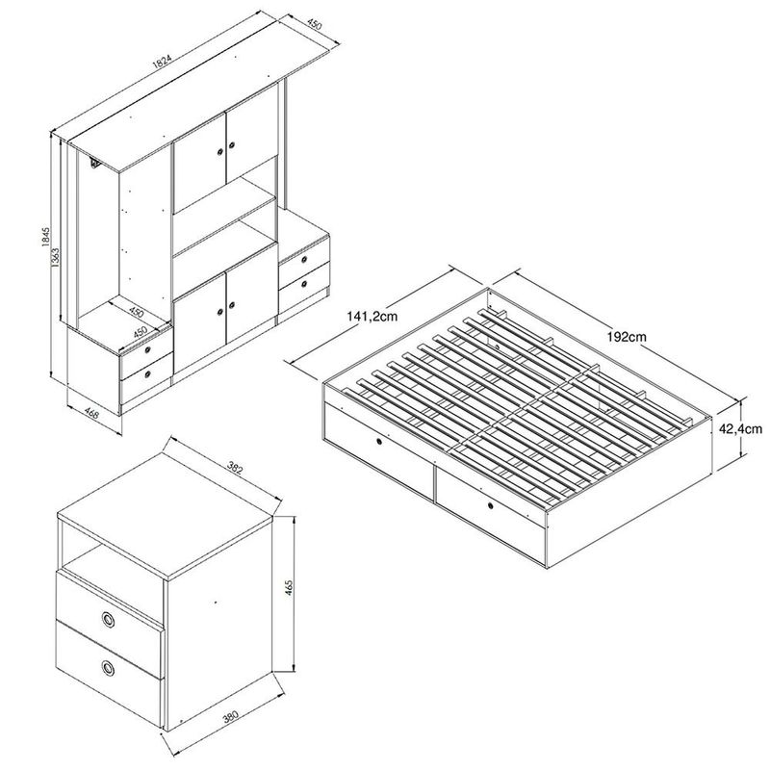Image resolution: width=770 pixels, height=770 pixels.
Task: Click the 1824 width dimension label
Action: coord(162,62)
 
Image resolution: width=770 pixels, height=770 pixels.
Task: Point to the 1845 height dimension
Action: coord(45,237)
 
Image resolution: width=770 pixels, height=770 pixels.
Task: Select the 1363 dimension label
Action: coord(56,257)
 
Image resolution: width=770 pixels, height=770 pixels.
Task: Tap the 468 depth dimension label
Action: coord(91,415)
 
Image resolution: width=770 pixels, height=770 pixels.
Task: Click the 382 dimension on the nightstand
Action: coord(235,467)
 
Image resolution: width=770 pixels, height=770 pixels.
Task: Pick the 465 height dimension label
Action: coord(289,588)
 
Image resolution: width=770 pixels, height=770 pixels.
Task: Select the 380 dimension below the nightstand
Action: coord(230,716)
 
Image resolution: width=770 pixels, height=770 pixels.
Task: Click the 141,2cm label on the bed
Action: coord(372,317)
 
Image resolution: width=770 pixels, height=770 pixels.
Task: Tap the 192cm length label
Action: coord(627,337)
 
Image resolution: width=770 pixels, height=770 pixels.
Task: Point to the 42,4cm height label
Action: coord(740,428)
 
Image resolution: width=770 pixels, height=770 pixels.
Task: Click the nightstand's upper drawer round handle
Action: coord(108,619)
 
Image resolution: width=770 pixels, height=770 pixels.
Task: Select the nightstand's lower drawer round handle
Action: coord(108,668)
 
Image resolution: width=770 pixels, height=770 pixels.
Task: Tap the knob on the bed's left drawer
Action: coord(379,442)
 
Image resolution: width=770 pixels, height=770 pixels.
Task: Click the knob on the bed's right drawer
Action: coord(491,505)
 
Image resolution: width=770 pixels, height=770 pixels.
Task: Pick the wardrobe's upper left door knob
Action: coord(219,152)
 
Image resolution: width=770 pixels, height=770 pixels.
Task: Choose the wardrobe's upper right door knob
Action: coord(232,145)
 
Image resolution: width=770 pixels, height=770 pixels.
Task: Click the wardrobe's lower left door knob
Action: coord(219,312)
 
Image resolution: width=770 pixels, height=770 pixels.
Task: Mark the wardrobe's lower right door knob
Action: coord(232,305)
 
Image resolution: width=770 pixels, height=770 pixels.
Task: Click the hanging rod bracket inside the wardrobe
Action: coord(94,162)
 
